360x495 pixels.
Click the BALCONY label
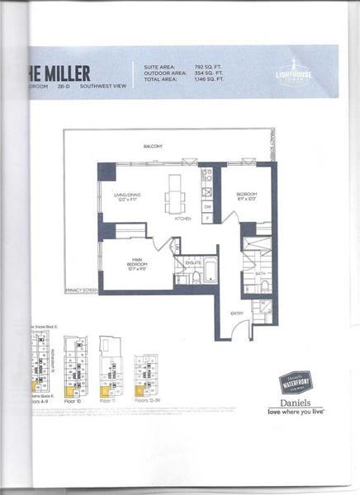click(153, 147)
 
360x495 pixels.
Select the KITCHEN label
click(183, 219)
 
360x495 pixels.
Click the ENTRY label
click(236, 313)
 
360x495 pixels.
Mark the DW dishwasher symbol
click(207, 206)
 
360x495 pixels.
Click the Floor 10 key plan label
click(75, 400)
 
